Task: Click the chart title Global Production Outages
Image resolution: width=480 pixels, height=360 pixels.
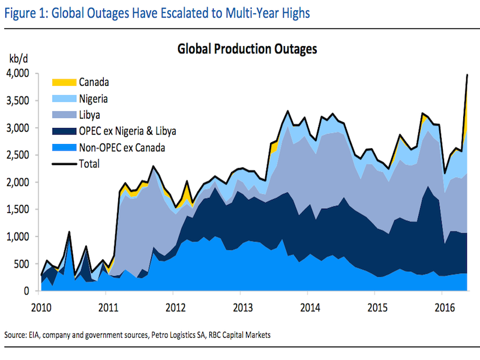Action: pyautogui.click(x=247, y=49)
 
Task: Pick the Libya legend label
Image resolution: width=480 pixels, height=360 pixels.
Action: pyautogui.click(x=88, y=114)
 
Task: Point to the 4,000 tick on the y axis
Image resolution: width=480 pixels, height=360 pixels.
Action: pyautogui.click(x=18, y=73)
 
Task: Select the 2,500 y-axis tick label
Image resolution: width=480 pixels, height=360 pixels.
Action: pyautogui.click(x=18, y=155)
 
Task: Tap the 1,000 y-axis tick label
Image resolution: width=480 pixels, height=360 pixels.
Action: pyautogui.click(x=18, y=236)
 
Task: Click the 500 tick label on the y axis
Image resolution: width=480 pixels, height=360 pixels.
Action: pyautogui.click(x=23, y=263)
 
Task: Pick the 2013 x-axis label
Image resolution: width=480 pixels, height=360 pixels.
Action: pyautogui.click(x=241, y=304)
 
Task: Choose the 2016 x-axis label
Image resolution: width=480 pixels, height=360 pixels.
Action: pyautogui.click(x=442, y=304)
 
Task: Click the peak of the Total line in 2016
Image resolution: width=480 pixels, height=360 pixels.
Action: pyautogui.click(x=467, y=74)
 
